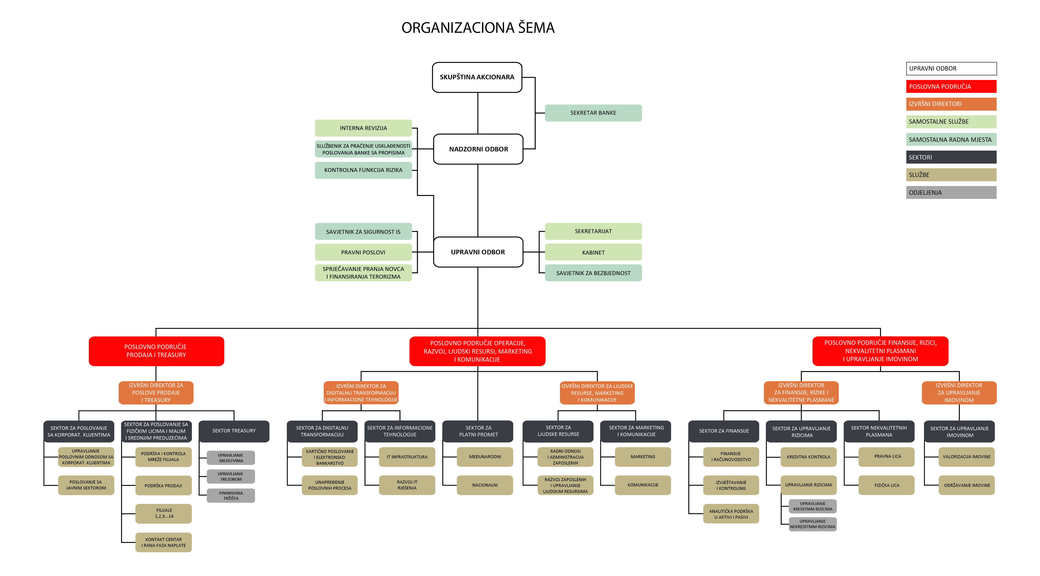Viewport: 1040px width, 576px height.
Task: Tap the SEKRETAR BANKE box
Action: (593, 113)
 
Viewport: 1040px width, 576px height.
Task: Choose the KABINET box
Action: (593, 252)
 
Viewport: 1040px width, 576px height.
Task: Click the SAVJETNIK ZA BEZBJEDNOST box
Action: (593, 273)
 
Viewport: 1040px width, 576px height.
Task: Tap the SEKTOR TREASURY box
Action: (234, 431)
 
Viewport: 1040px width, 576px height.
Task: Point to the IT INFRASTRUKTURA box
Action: (407, 457)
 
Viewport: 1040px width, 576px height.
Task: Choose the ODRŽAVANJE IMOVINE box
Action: (967, 485)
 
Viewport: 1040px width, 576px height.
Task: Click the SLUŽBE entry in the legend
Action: (951, 175)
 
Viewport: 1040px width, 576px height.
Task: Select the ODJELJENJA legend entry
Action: (951, 193)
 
